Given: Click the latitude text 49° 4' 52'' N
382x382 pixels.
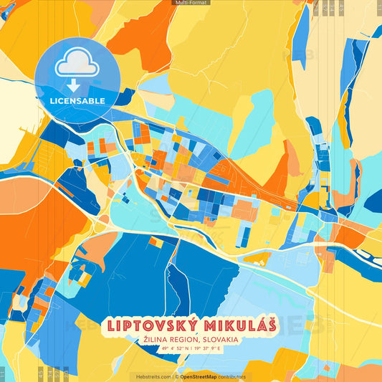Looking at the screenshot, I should click(172, 350).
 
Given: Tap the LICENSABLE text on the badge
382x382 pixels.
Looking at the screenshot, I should click(77, 100).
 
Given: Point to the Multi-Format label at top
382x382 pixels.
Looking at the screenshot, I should click(191, 3).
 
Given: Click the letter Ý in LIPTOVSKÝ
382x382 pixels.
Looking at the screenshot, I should click(188, 324).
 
